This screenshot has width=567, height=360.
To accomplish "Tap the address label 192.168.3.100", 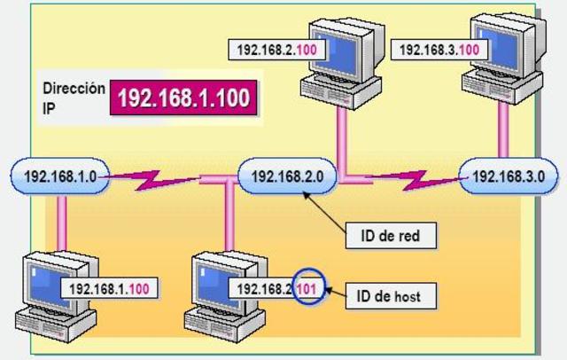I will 430,50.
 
